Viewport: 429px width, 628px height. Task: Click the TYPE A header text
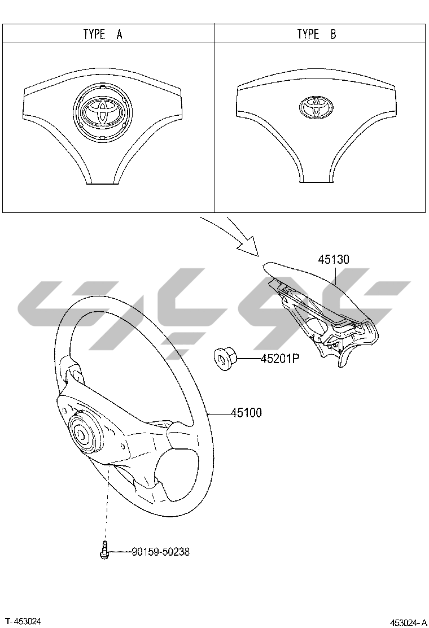(103, 34)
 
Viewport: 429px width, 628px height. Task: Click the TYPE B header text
(317, 34)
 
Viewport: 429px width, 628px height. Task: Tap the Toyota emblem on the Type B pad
(316, 107)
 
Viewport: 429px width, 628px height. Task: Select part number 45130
(334, 260)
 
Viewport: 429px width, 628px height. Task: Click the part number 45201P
(280, 359)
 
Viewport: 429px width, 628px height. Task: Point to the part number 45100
(247, 412)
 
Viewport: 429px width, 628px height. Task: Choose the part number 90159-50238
(161, 552)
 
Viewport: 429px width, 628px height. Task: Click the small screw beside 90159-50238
(104, 549)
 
